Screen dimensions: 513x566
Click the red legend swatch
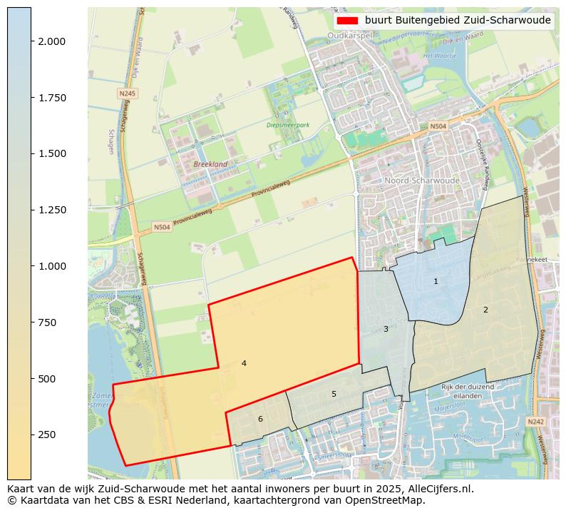347,21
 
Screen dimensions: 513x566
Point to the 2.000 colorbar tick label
52,41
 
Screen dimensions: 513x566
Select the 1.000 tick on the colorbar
52,266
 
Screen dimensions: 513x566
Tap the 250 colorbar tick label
48,435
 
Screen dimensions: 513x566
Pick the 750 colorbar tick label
48,322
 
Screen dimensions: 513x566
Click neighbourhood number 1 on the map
436,281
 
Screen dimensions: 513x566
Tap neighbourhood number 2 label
485,310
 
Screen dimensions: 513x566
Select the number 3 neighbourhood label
386,329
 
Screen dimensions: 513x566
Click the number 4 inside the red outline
244,363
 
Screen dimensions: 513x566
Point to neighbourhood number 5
334,394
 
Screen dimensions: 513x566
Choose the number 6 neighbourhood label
260,419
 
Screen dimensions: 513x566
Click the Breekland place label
210,164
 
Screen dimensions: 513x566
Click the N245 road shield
128,93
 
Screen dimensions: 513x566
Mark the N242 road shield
535,422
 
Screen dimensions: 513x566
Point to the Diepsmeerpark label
288,125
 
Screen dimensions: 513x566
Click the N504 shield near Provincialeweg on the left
163,228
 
